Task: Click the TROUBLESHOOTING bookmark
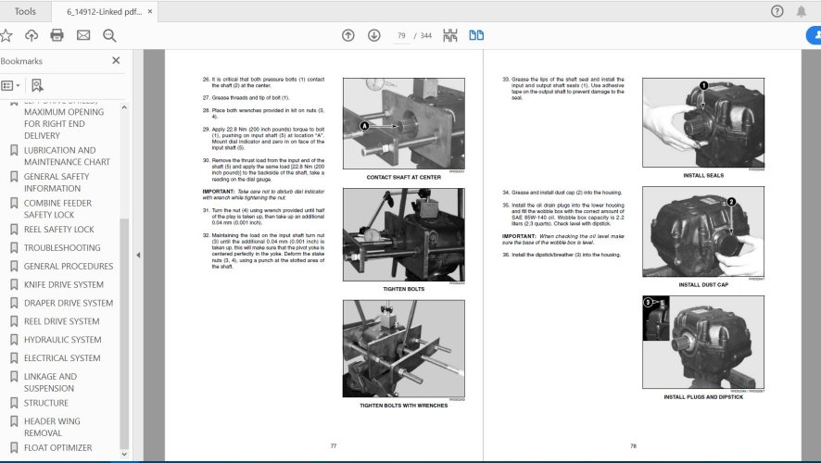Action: [62, 248]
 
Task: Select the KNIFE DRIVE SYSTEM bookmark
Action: [63, 284]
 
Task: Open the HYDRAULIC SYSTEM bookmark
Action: [62, 340]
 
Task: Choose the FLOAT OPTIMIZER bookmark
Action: [57, 447]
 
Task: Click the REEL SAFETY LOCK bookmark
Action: [58, 230]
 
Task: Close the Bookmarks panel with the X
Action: [116, 61]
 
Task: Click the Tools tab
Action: [26, 11]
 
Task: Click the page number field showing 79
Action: [401, 35]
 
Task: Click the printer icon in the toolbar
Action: [57, 35]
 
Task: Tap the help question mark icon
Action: [777, 11]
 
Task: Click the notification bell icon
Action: [802, 11]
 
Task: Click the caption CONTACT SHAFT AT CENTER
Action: [403, 176]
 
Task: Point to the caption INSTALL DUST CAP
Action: [704, 284]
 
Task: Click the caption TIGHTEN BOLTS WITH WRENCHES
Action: [404, 406]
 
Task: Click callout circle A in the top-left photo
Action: [364, 125]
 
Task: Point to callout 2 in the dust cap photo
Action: [731, 201]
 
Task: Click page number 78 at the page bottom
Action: [634, 446]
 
